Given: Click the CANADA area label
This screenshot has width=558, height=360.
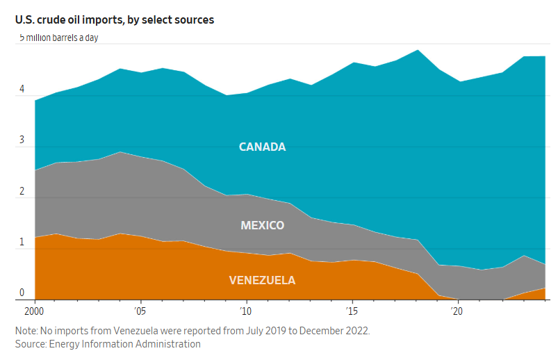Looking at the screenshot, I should point(262,147).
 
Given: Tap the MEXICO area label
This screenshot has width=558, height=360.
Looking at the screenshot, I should point(262,225).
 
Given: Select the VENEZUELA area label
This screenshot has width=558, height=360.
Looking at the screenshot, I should point(262,280).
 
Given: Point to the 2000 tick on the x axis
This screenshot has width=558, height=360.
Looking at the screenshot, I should point(34,310).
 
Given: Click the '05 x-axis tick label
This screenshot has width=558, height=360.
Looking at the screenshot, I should point(140,310).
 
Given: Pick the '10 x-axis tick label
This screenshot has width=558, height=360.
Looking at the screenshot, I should point(245,310).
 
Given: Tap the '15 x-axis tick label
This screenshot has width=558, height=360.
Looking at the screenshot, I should point(352,310).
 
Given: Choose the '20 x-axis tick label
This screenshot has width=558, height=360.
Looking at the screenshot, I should point(457,310).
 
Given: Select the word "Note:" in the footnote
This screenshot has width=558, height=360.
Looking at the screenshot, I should point(27,330).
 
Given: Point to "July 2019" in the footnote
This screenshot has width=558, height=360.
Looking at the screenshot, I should point(259,330).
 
